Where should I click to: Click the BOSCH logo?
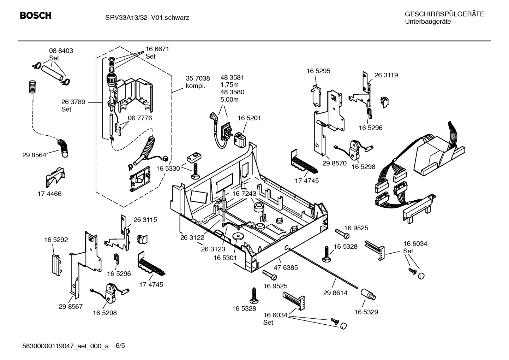[36, 16]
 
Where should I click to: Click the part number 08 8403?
[61, 51]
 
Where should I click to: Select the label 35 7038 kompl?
[198, 82]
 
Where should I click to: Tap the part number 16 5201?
[249, 118]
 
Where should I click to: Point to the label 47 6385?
[286, 267]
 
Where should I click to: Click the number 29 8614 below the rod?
[335, 293]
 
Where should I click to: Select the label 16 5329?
[366, 312]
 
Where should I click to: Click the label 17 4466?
[49, 194]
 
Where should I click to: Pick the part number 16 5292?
[56, 240]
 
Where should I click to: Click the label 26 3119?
[386, 75]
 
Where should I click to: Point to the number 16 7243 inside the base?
[244, 194]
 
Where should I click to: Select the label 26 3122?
[192, 238]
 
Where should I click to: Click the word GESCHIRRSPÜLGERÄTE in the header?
[444, 14]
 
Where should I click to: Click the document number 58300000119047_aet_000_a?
[65, 346]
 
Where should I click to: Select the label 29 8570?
[335, 164]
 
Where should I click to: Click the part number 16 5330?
[168, 169]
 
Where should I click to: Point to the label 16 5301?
[225, 258]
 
